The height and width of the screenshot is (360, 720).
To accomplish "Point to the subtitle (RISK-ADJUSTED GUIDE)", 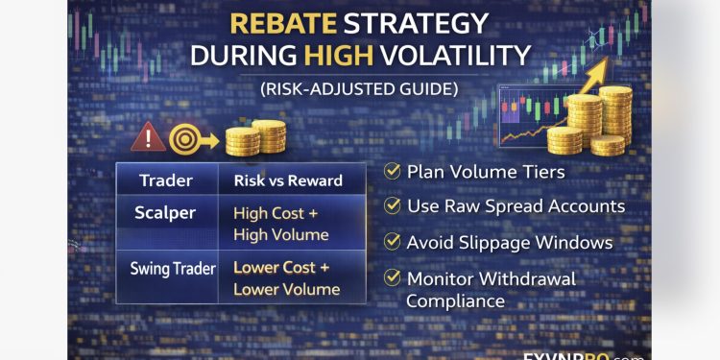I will (360, 89).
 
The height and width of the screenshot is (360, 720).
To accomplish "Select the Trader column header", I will (166, 180).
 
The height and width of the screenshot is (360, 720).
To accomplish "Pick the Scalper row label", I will (165, 213).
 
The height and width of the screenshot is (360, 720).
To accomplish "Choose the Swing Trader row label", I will (173, 269).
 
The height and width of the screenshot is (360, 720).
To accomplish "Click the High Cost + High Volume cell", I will (280, 225).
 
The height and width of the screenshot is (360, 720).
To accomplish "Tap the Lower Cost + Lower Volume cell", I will (286, 278).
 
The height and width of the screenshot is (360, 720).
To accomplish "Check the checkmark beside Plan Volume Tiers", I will (392, 172).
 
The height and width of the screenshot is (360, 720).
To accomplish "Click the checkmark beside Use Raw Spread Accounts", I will (392, 206).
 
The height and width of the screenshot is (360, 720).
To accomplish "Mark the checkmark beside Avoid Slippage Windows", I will (392, 242).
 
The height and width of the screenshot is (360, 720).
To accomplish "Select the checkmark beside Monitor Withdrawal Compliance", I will (392, 277).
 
